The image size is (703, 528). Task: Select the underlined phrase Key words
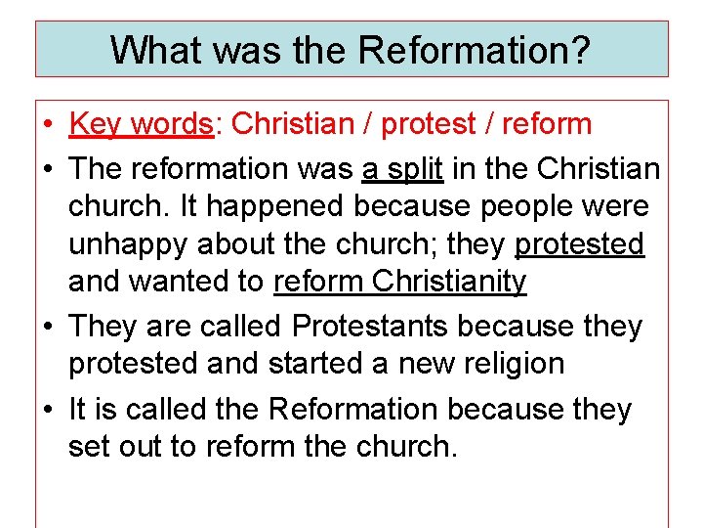coord(141,124)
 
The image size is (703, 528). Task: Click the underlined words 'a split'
coord(403,168)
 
